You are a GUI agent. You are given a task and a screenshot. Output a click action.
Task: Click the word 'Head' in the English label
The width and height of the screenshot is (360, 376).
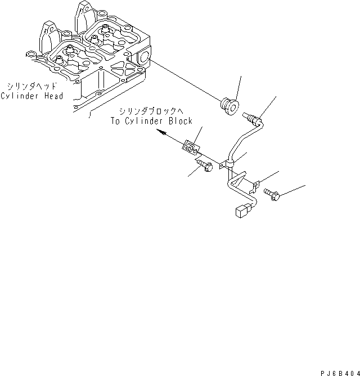[x=52, y=96]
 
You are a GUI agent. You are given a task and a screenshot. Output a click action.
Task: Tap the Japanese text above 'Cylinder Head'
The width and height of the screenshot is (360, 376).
[x=31, y=87]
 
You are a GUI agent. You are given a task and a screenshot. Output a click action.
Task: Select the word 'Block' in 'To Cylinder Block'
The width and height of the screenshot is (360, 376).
[x=179, y=121]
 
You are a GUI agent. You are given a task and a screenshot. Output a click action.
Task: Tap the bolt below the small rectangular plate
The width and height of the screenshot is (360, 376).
[x=205, y=165]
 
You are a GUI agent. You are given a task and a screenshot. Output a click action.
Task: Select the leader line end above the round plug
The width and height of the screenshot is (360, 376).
[x=241, y=75]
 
